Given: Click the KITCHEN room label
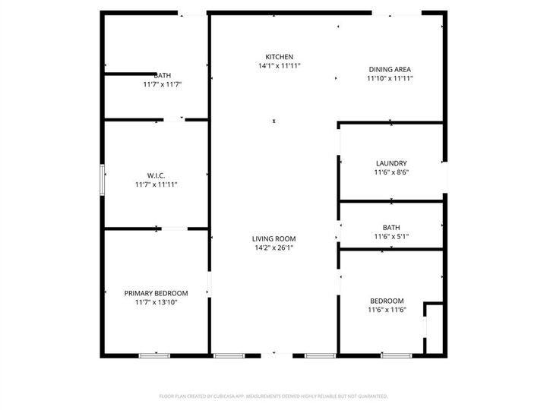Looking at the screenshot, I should click(279, 57).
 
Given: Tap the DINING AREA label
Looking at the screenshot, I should click(390, 69).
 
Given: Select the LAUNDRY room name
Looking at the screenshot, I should click(391, 163).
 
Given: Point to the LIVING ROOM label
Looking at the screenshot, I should click(273, 238).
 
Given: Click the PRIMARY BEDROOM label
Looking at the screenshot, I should click(156, 293).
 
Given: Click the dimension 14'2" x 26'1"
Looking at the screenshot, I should click(273, 248).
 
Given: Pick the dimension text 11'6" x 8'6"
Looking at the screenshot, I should click(391, 172).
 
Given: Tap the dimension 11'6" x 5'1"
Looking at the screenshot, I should click(391, 237).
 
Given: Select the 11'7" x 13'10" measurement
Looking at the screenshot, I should click(156, 302).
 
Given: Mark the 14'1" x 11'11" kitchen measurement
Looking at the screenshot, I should click(279, 66).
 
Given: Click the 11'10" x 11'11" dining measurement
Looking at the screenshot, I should click(390, 78).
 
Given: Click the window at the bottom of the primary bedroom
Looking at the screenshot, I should click(154, 355).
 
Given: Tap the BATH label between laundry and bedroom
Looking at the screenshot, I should click(391, 228).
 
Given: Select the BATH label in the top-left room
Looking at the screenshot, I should click(162, 75).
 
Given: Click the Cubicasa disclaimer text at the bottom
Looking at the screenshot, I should click(273, 396).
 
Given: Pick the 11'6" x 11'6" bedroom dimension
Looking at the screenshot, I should click(387, 310).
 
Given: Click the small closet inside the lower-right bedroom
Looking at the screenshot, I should click(435, 328).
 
